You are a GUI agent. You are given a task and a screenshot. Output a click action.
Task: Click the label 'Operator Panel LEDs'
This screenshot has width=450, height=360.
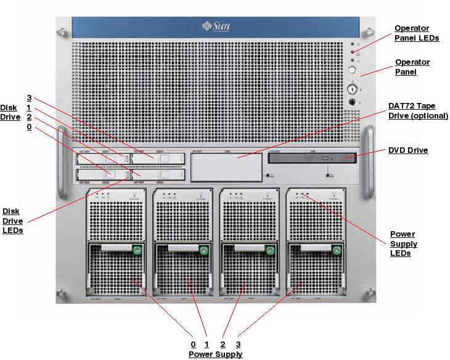pyautogui.click(x=417, y=33)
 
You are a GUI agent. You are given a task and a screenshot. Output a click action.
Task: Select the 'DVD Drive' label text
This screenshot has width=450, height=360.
pyautogui.click(x=407, y=150)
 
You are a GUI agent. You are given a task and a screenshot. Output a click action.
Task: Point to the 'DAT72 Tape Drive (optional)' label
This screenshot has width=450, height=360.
pyautogui.click(x=417, y=110)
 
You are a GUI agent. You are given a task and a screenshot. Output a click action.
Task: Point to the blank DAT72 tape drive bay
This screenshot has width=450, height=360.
pyautogui.click(x=226, y=166)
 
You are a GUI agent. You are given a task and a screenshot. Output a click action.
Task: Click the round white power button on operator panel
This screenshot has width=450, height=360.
pyautogui.click(x=353, y=72)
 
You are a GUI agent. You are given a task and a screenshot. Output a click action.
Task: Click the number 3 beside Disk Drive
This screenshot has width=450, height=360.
pyautogui.click(x=29, y=97)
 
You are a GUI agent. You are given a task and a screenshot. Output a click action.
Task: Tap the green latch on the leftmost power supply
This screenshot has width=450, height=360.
pyautogui.click(x=137, y=250)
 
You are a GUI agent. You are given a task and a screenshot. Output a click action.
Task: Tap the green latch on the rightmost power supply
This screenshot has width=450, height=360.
pyautogui.click(x=337, y=250)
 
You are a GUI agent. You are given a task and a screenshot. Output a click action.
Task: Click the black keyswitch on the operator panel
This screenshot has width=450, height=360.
pyautogui.click(x=353, y=102)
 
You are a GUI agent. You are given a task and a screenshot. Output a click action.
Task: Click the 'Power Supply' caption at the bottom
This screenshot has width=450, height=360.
pyautogui.click(x=215, y=354)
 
